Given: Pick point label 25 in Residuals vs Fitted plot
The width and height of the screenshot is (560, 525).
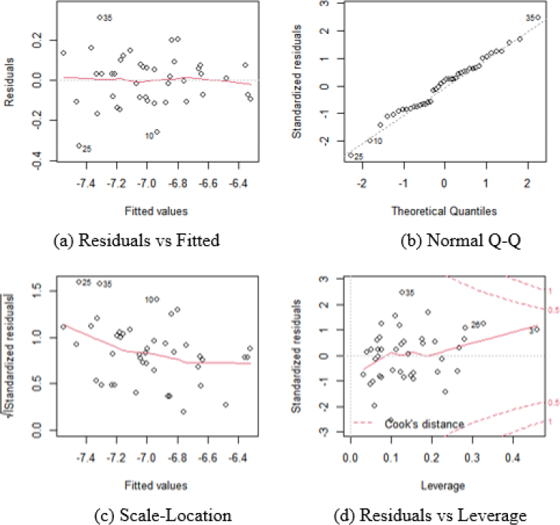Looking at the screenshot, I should pos(87,149).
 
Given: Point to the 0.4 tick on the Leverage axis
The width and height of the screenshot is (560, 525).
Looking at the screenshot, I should pos(513,459).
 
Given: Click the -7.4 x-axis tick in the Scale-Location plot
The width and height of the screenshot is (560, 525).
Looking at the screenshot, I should pos(86,459).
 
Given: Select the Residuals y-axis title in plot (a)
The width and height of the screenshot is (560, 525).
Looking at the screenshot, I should pos(10,84).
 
